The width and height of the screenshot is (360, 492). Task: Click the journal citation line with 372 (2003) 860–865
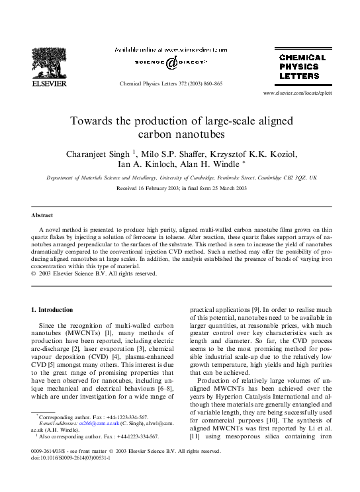[171, 85]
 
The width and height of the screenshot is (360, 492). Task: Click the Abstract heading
[42, 216]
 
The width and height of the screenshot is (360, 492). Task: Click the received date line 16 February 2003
[181, 189]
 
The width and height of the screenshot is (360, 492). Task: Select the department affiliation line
[181, 178]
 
